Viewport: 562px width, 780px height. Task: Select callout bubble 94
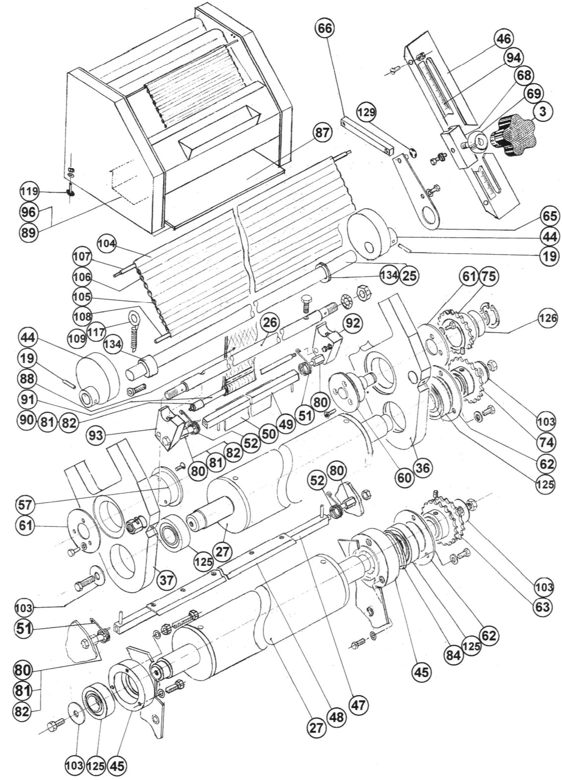[x=513, y=58]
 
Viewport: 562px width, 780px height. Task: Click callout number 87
[x=322, y=133]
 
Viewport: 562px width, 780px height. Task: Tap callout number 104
[x=107, y=243]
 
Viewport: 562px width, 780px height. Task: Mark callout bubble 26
[x=270, y=323]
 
